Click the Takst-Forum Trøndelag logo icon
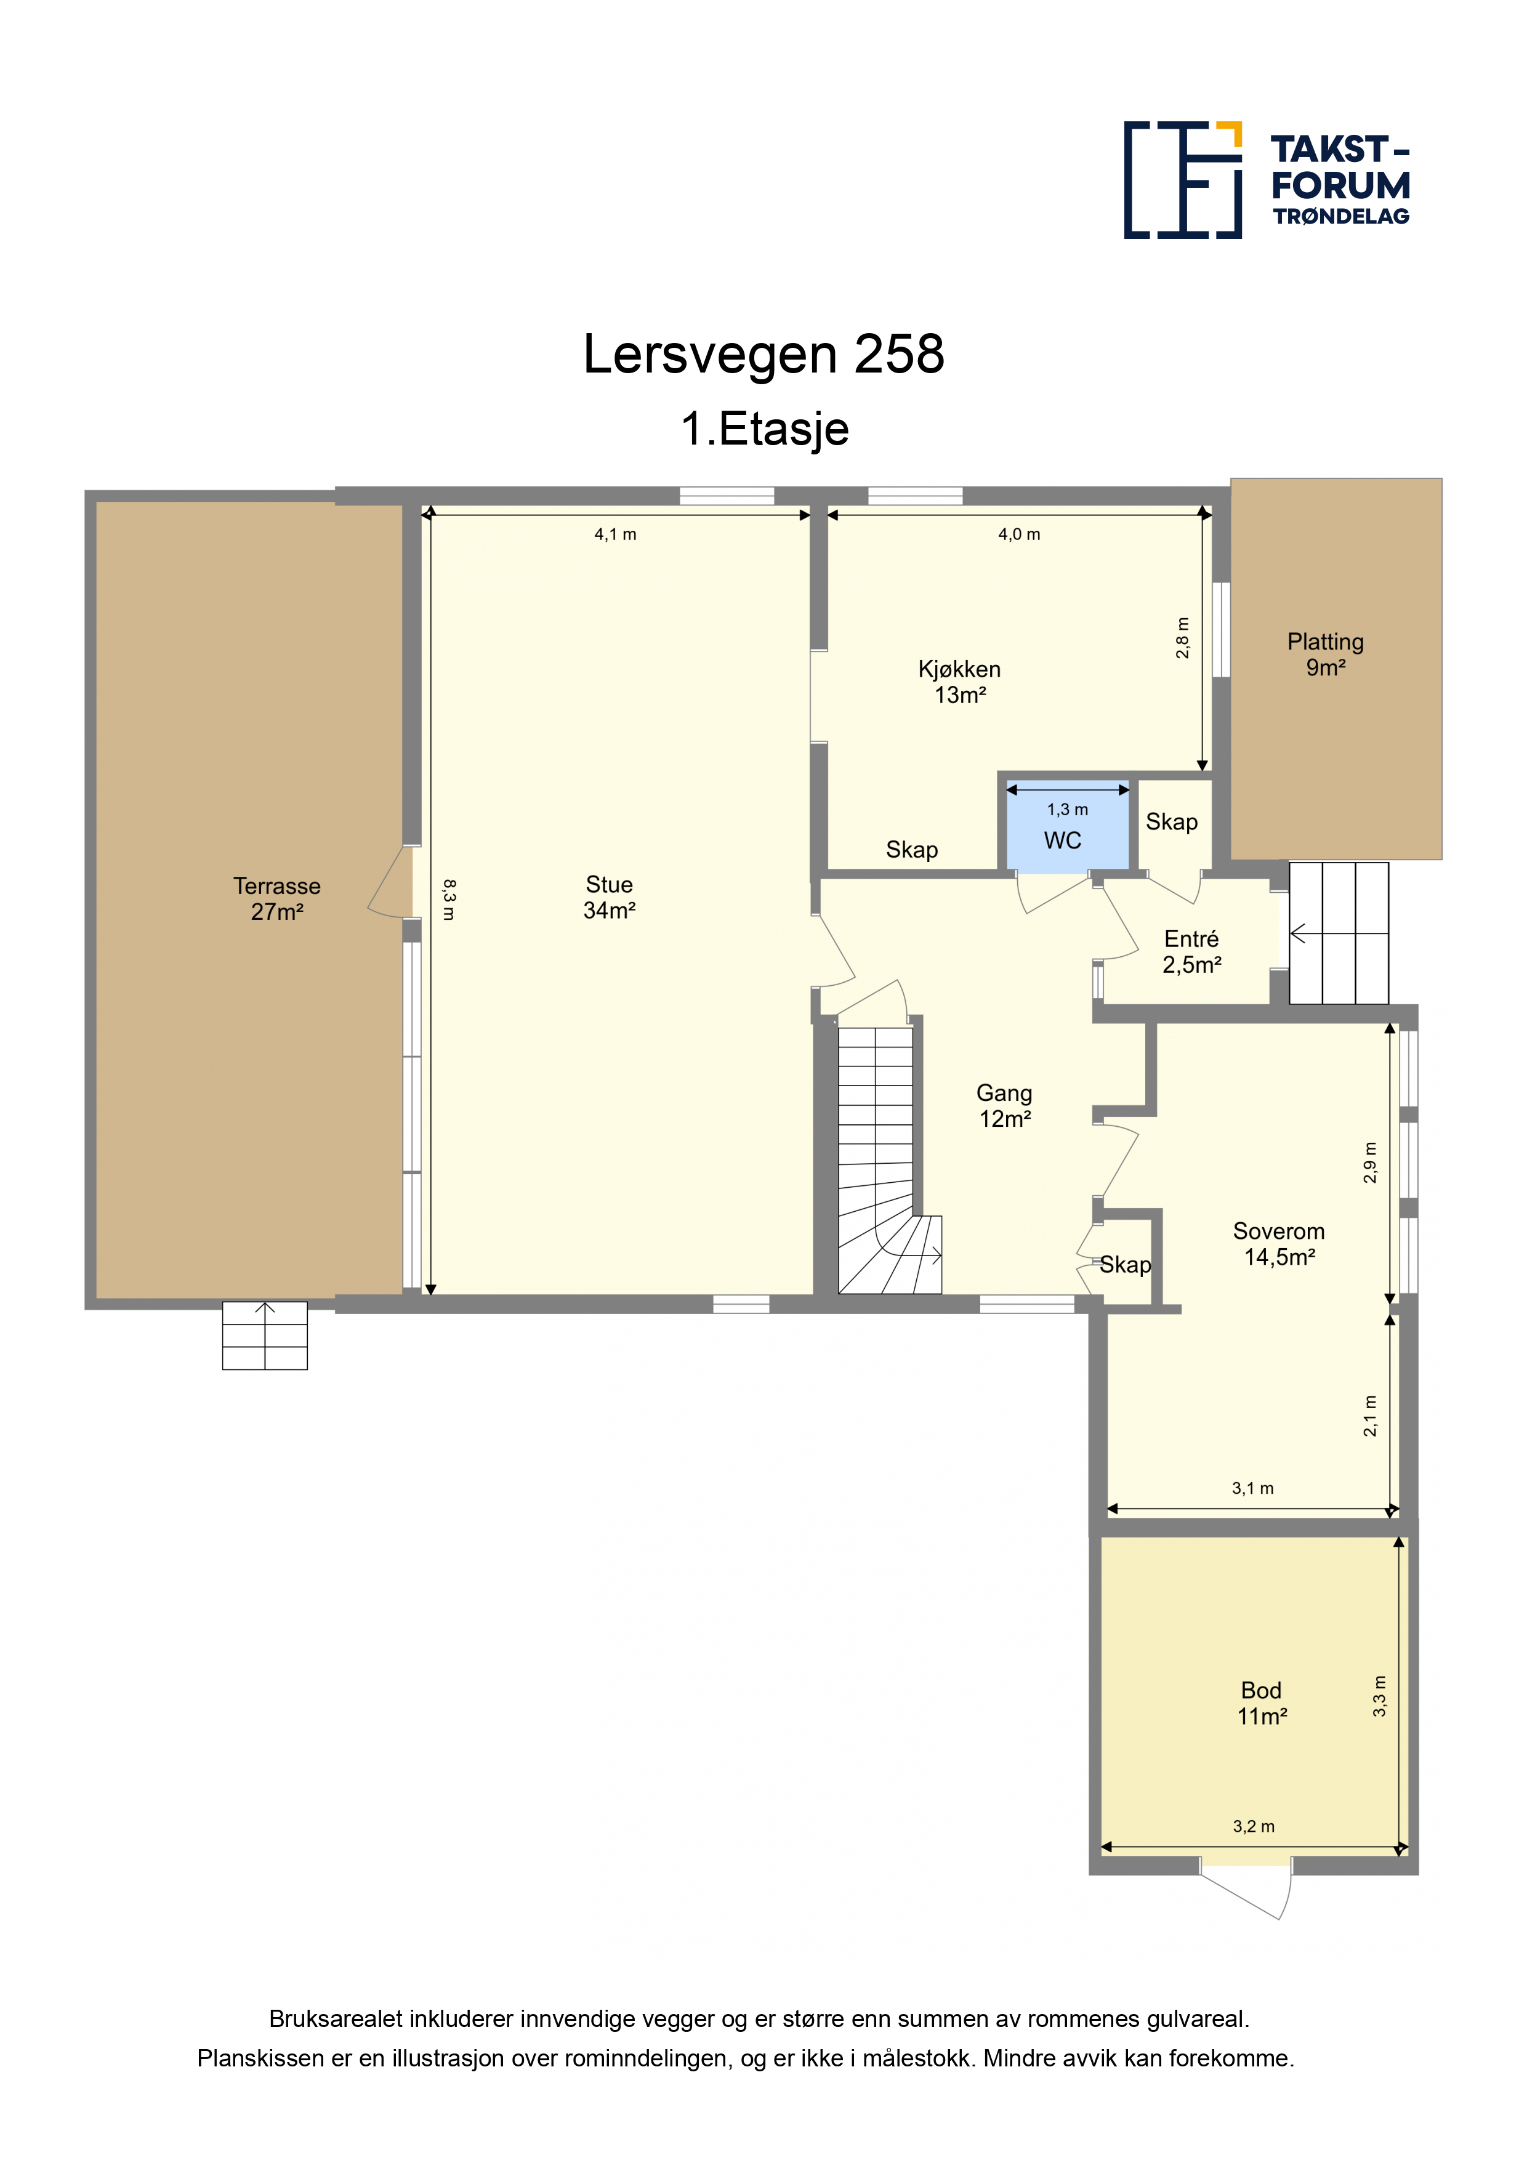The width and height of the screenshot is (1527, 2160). pos(1183,180)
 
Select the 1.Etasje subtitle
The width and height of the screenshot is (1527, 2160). pos(764,429)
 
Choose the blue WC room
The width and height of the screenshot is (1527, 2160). pos(1068,826)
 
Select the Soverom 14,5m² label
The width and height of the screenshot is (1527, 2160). pos(1279,1244)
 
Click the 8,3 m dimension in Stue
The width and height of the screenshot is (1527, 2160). pos(449,900)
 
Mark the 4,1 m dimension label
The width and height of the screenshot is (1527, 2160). pos(615,534)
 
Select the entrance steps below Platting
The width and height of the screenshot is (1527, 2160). pos(1338,933)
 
